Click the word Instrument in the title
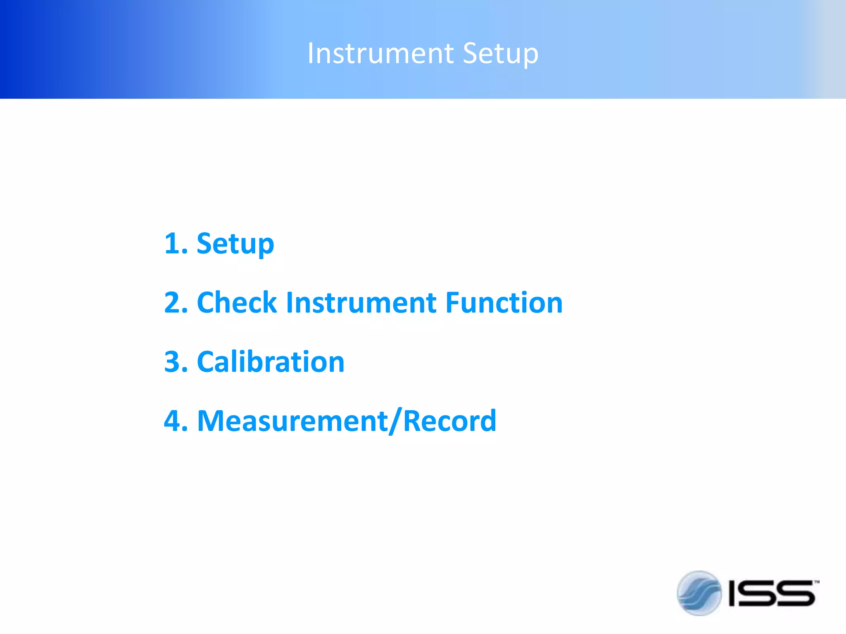pos(380,54)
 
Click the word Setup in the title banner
pos(500,54)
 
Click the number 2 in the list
pos(173,303)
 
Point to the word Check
pos(237,303)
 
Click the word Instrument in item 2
pos(361,303)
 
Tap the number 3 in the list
pos(173,362)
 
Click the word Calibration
pos(271,362)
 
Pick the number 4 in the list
pos(173,421)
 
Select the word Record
pos(449,421)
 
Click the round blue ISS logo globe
pos(699,593)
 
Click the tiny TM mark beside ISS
pos(817,582)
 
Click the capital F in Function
pos(453,303)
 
